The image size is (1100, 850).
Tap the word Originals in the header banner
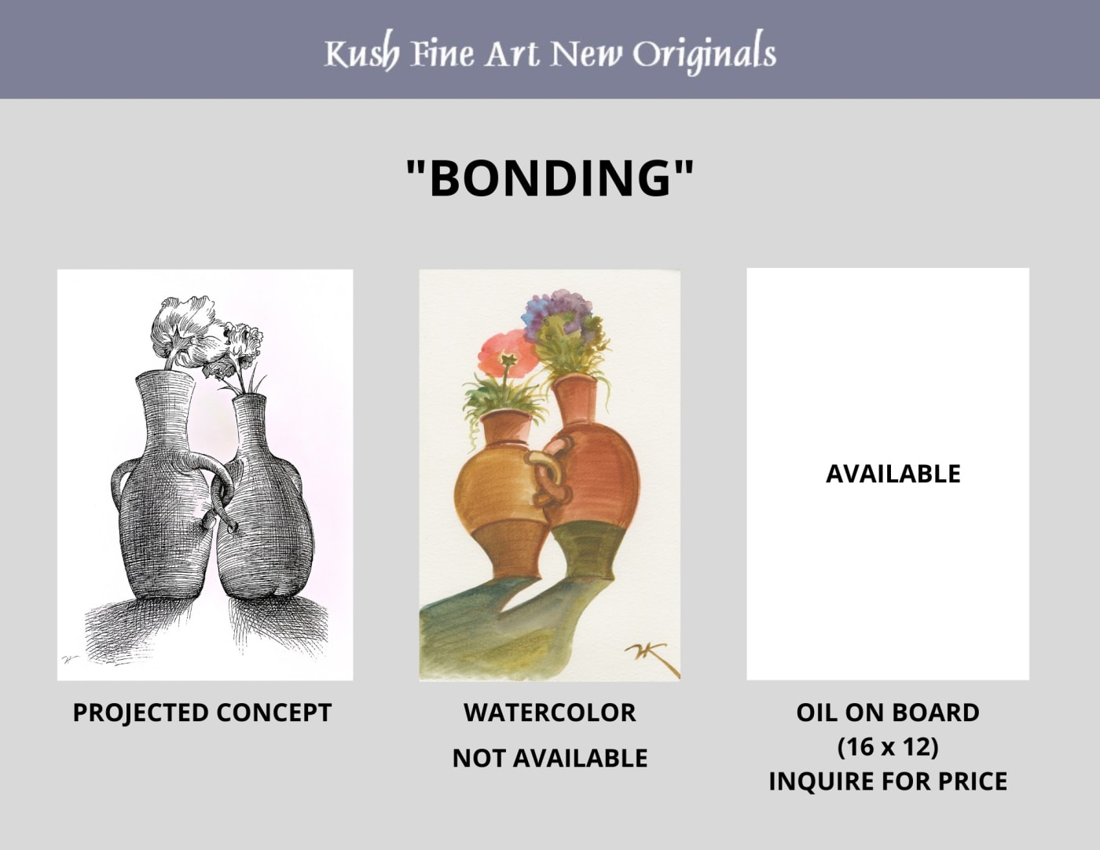[704, 53]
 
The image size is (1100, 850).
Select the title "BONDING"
[550, 178]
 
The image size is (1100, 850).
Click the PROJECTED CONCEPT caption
[203, 713]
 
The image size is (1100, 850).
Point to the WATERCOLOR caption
[550, 713]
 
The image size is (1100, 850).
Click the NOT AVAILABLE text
[550, 758]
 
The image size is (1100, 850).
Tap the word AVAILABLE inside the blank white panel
[893, 474]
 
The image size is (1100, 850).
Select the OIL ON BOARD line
[888, 713]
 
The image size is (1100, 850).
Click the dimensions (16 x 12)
[888, 747]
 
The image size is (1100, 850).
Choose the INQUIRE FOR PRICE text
[888, 781]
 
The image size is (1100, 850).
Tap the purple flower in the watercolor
[557, 310]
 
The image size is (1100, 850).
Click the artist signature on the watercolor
[651, 658]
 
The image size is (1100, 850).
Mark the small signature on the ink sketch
[68, 659]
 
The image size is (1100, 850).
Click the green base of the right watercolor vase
[587, 551]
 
